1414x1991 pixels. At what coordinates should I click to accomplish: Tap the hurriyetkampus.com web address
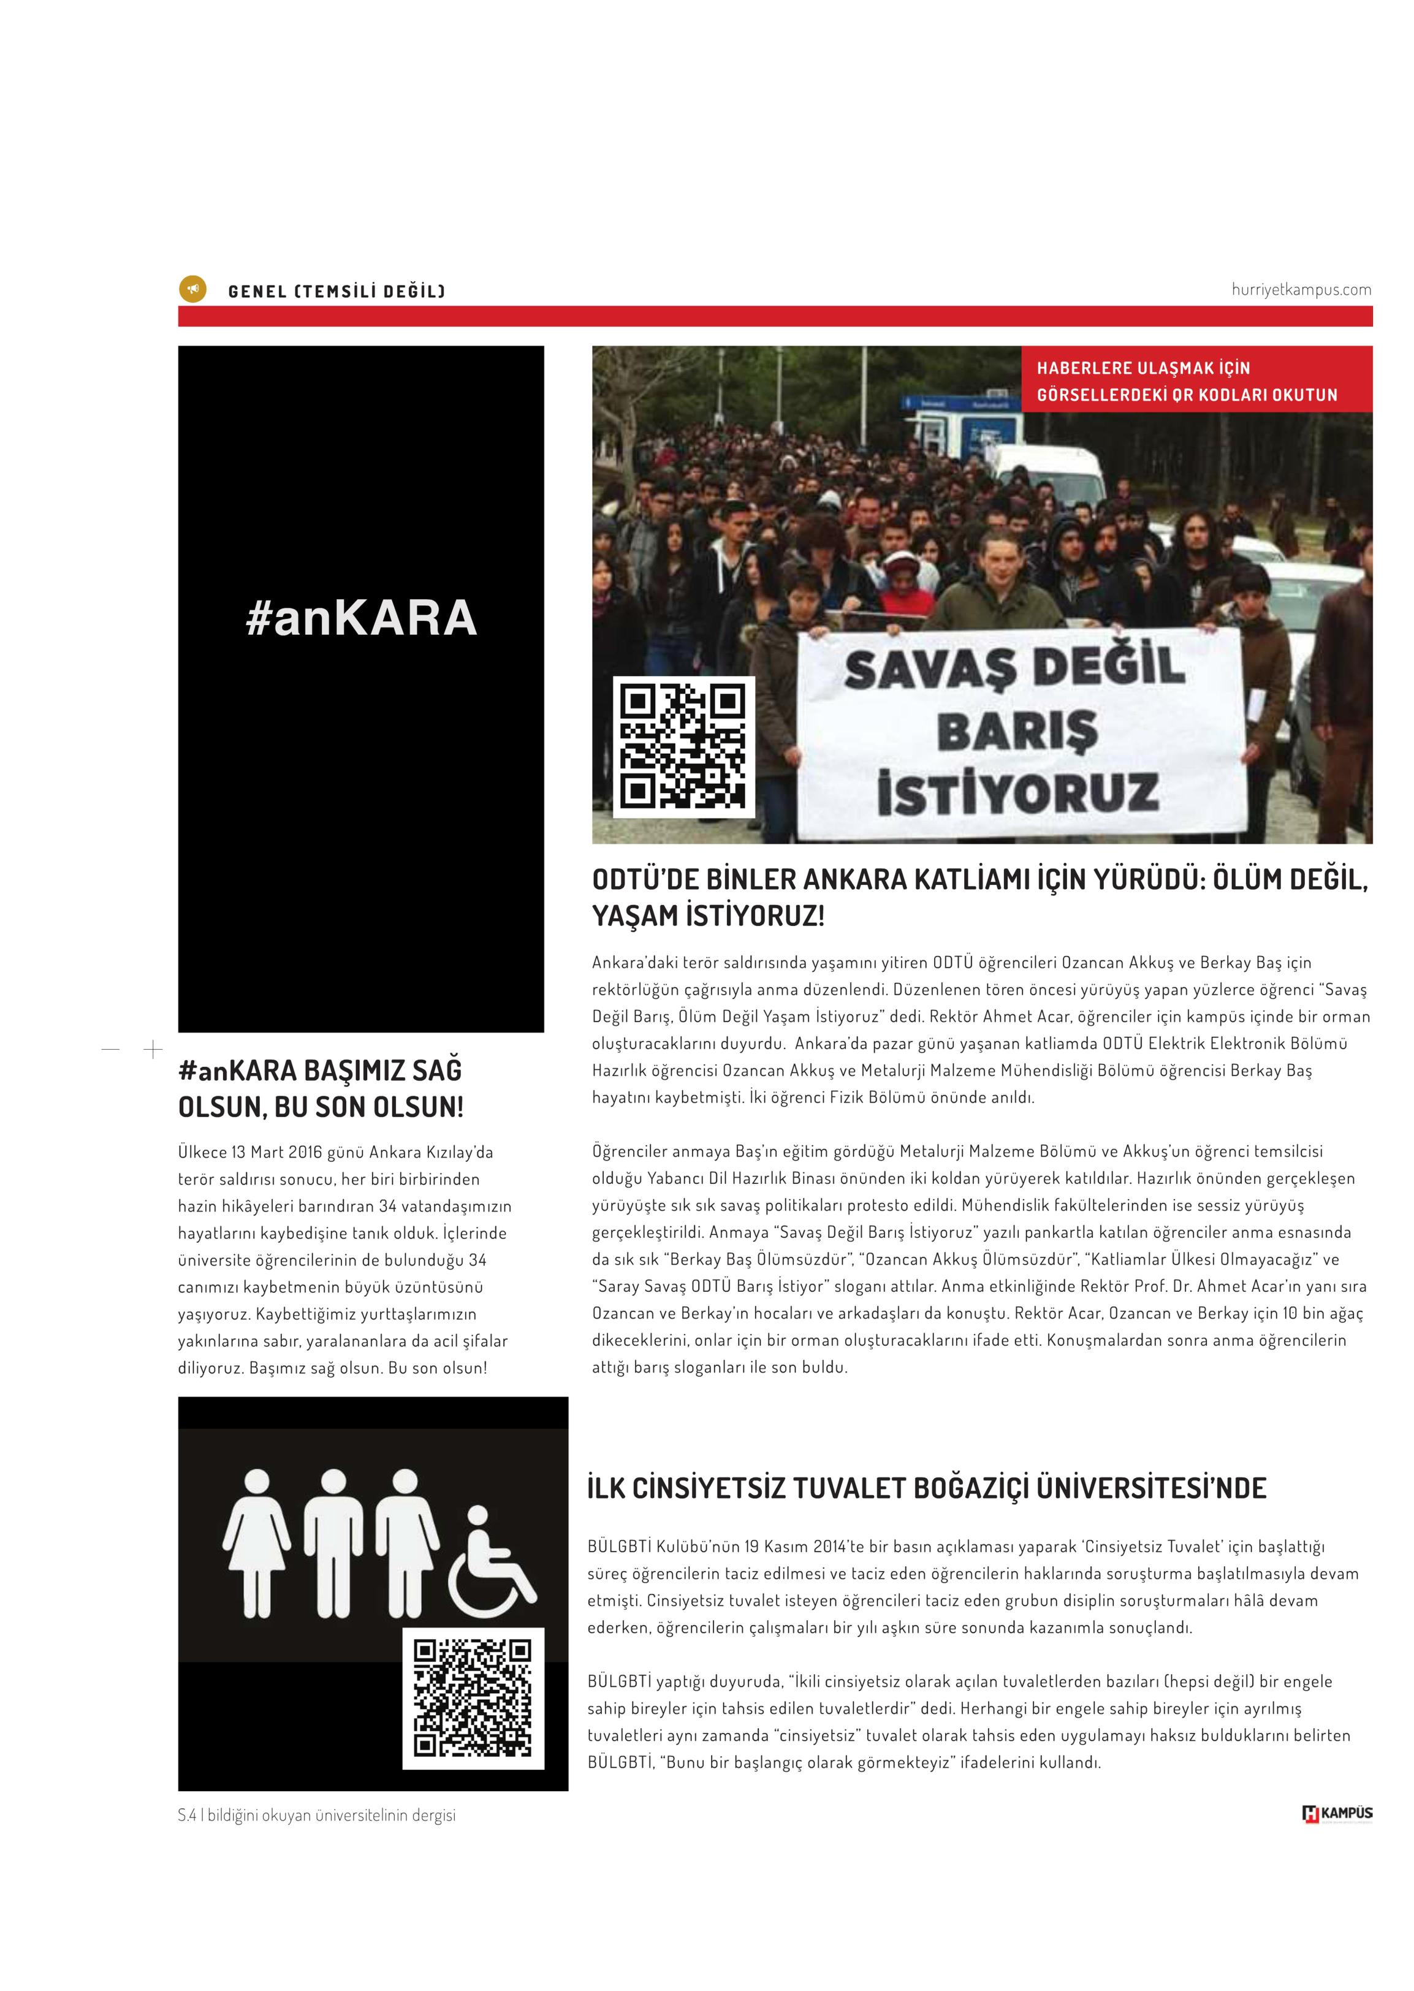[1301, 290]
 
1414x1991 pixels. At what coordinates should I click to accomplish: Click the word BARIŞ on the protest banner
[1017, 729]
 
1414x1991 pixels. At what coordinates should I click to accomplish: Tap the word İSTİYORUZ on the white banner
[1017, 792]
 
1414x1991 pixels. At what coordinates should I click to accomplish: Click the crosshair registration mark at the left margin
[153, 1049]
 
